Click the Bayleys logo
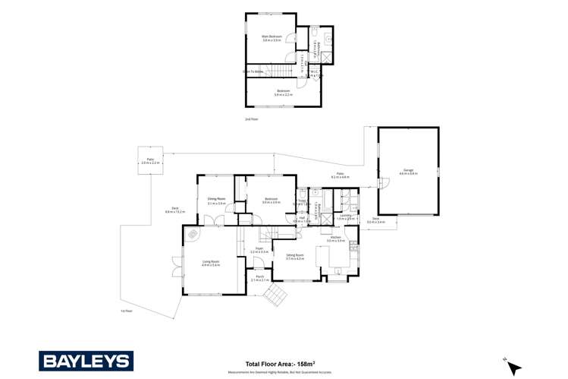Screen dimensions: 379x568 86,361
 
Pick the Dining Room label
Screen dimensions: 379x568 217,201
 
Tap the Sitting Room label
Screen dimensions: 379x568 294,256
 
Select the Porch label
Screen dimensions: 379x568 259,277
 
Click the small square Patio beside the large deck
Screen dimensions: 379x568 150,161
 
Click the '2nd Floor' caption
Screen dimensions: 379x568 251,119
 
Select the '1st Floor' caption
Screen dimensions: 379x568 127,311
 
